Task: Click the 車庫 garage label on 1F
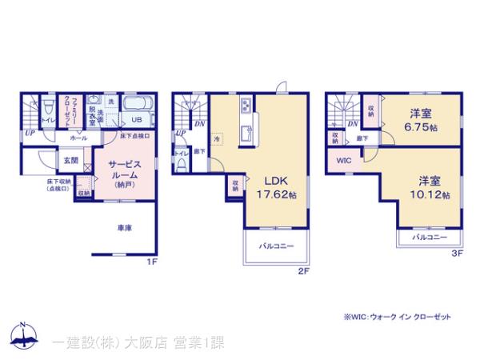point(125,228)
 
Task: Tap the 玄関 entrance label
point(71,160)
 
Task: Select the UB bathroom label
point(137,120)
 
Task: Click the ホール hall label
point(78,138)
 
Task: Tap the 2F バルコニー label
point(278,246)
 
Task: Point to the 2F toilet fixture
point(182,165)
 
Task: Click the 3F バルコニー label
point(430,238)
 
